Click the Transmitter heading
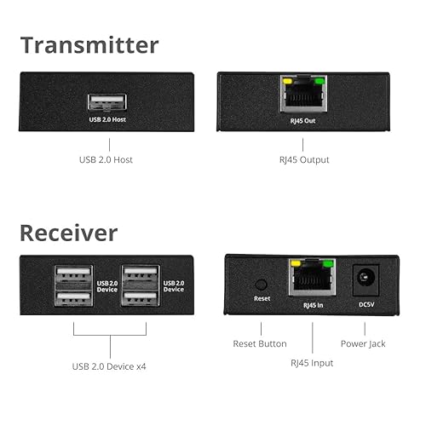pos(89,44)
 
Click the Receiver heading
pos(68,232)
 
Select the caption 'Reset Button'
pos(260,343)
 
